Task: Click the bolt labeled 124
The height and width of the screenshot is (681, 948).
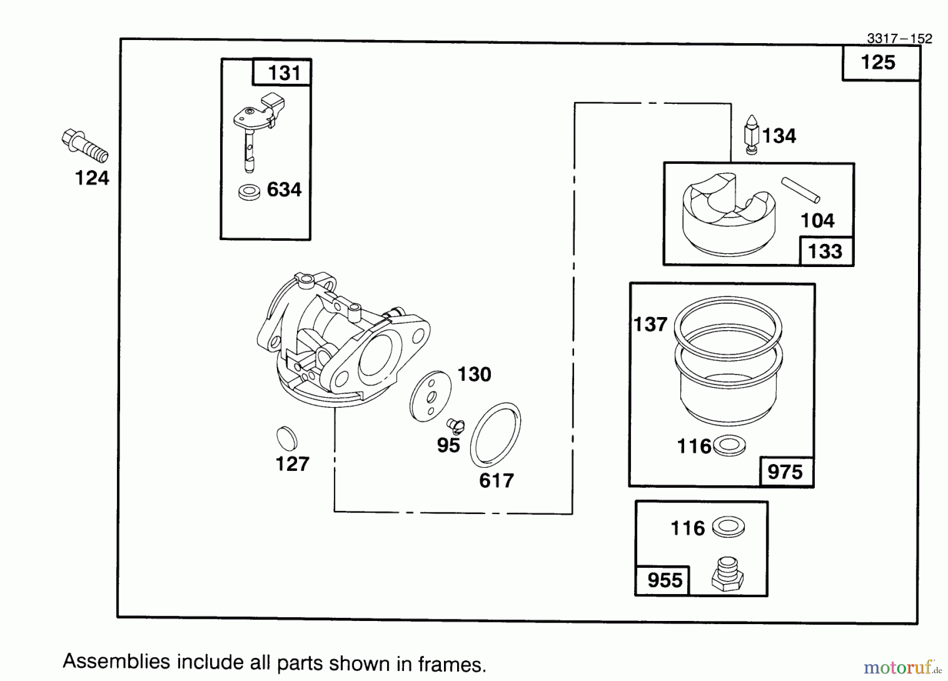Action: pyautogui.click(x=84, y=145)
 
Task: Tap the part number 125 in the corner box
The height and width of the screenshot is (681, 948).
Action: pyautogui.click(x=878, y=63)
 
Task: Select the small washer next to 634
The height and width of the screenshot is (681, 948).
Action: pyautogui.click(x=249, y=192)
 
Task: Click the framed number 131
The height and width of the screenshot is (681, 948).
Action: pyautogui.click(x=284, y=73)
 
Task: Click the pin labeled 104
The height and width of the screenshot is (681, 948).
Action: pyautogui.click(x=801, y=190)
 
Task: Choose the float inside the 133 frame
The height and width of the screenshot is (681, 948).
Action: pyautogui.click(x=729, y=216)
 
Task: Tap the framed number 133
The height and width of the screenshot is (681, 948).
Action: pyautogui.click(x=825, y=251)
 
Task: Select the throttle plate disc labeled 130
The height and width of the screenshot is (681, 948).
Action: pyautogui.click(x=430, y=396)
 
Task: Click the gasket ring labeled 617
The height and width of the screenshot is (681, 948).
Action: pyautogui.click(x=496, y=435)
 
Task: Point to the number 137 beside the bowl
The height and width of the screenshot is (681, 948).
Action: pyautogui.click(x=650, y=324)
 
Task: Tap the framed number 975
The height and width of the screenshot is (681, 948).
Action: pyautogui.click(x=785, y=472)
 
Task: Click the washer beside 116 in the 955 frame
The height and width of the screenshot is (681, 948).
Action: pyautogui.click(x=728, y=527)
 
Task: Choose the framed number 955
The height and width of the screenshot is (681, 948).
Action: pyautogui.click(x=665, y=580)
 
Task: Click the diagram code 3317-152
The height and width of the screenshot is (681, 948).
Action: pyautogui.click(x=900, y=38)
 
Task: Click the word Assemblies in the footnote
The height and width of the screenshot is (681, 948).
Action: pyautogui.click(x=116, y=662)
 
